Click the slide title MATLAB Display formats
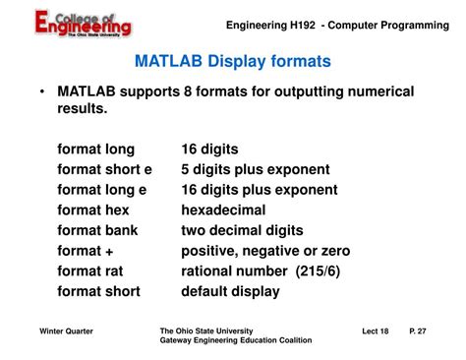232,61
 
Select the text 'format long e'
103,190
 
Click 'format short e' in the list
104,169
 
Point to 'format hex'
93,210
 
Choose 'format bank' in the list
97,230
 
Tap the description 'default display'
230,291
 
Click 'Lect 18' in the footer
378,331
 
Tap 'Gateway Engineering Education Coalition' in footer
235,340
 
